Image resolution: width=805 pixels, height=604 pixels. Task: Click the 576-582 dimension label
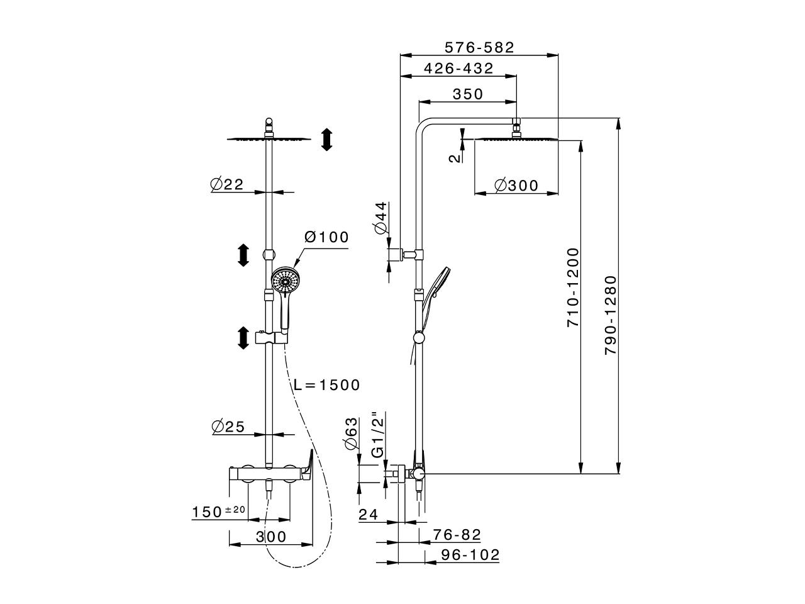(x=479, y=47)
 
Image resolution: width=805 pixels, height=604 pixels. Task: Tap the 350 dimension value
(x=468, y=94)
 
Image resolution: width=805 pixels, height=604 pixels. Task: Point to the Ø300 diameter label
(x=516, y=186)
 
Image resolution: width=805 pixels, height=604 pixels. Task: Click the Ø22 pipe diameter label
(x=226, y=184)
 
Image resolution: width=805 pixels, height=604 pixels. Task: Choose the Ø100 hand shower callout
(x=326, y=238)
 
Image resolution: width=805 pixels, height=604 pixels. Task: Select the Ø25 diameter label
(x=228, y=427)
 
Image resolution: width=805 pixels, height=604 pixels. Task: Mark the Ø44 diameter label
(x=380, y=219)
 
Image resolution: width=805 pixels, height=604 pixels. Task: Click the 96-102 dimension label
(x=470, y=555)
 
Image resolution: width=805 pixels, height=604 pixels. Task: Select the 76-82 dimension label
(x=457, y=535)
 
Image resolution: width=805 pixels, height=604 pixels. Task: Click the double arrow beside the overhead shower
(x=326, y=139)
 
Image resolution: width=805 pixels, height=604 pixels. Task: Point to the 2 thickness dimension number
(x=455, y=157)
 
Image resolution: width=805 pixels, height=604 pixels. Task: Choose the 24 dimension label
(x=368, y=515)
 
